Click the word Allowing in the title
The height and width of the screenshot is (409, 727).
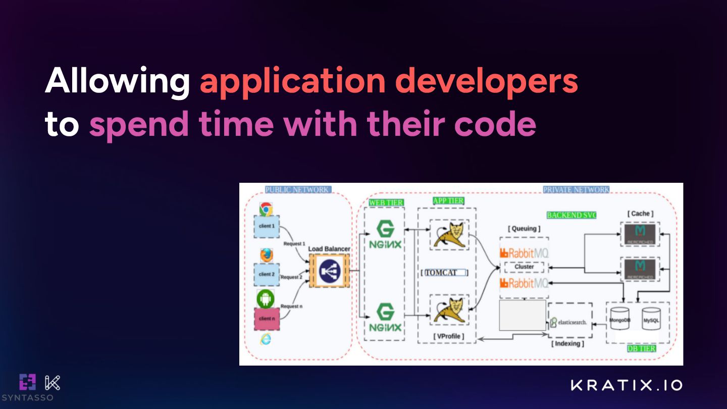(x=117, y=81)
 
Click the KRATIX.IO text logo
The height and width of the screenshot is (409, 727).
(x=627, y=385)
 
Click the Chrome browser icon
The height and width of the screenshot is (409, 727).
(x=266, y=209)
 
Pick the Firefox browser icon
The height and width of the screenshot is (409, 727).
(x=266, y=255)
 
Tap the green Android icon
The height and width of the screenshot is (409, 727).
(x=266, y=299)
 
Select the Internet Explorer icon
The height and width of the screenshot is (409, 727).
(x=266, y=339)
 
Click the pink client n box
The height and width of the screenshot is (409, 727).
(x=266, y=319)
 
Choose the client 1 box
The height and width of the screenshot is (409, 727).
(x=266, y=226)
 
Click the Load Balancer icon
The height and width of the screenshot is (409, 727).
(x=329, y=271)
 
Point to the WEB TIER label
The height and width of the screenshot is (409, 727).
(x=386, y=202)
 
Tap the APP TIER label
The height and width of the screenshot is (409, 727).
(x=448, y=201)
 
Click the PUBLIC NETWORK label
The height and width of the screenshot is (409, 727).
(x=298, y=190)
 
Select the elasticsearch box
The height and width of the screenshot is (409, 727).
(x=570, y=321)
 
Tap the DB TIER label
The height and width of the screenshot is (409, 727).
(x=641, y=348)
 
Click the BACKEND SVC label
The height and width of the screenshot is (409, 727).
(x=572, y=215)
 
